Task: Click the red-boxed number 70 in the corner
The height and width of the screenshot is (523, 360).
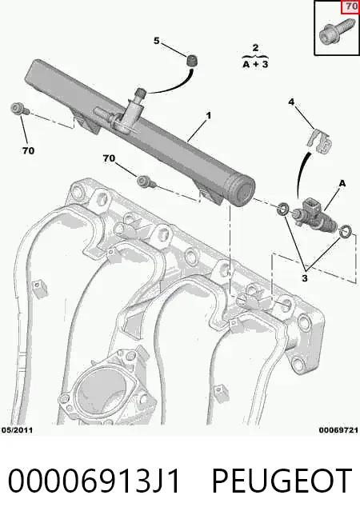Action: pyautogui.click(x=351, y=6)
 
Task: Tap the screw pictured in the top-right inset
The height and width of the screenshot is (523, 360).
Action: pyautogui.click(x=333, y=34)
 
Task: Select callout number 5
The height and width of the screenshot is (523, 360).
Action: pyautogui.click(x=157, y=41)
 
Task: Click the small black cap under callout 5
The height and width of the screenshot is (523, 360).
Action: pyautogui.click(x=191, y=61)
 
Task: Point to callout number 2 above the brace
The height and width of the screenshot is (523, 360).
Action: pyautogui.click(x=255, y=48)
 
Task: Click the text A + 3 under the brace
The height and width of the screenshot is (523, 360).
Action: pyautogui.click(x=255, y=64)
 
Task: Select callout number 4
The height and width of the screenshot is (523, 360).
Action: pyautogui.click(x=291, y=102)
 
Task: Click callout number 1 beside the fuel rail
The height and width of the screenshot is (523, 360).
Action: pyautogui.click(x=209, y=116)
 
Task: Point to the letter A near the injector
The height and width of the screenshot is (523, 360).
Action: pyautogui.click(x=342, y=183)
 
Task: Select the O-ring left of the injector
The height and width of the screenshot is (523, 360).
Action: pyautogui.click(x=283, y=208)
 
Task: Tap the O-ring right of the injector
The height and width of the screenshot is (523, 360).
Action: pyautogui.click(x=345, y=231)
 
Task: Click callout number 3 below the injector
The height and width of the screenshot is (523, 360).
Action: pyautogui.click(x=304, y=277)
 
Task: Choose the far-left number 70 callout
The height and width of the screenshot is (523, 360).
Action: pyautogui.click(x=28, y=151)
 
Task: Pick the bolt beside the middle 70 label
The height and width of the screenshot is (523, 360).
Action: pyautogui.click(x=146, y=182)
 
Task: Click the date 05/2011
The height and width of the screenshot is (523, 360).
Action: pyautogui.click(x=17, y=430)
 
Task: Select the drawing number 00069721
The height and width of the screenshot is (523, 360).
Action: pyautogui.click(x=338, y=430)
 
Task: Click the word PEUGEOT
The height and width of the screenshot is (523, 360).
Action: pyautogui.click(x=282, y=481)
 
